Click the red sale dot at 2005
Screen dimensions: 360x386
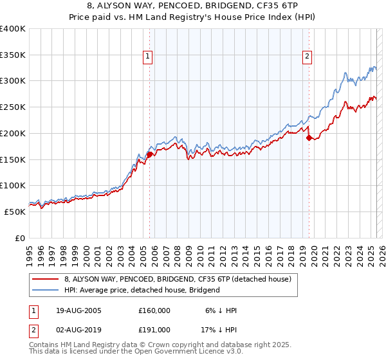[x=149, y=154]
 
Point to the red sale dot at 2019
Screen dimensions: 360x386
[x=309, y=138]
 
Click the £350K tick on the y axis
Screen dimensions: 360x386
[x=13, y=55]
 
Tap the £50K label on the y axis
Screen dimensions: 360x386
[x=15, y=212]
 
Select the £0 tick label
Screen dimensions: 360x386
[x=21, y=238]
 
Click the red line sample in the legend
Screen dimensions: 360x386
[x=45, y=280]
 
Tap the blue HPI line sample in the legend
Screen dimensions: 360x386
[x=45, y=290]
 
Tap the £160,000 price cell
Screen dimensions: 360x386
[x=154, y=310]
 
